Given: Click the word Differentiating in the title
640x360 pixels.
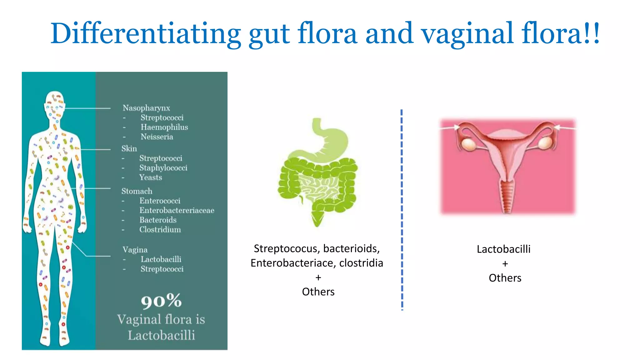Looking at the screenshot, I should click(x=146, y=34).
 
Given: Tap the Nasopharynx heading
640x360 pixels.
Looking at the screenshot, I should click(x=146, y=108).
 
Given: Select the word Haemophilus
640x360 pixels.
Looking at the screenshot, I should click(x=164, y=127).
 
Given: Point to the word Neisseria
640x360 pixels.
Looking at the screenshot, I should click(x=157, y=137).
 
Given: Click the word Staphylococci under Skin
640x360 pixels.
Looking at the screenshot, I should click(x=163, y=168).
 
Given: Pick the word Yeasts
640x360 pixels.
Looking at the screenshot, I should click(x=151, y=177).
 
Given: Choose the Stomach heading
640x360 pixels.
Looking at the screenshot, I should click(x=137, y=191).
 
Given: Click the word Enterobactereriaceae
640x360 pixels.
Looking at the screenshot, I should click(x=177, y=210).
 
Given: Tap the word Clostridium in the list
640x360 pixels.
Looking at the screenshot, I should click(x=160, y=230).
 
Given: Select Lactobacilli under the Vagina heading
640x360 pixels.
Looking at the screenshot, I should click(x=161, y=259).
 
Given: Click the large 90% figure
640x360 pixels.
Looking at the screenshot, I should click(x=161, y=301).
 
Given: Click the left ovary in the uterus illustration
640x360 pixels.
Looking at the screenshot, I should click(x=468, y=144).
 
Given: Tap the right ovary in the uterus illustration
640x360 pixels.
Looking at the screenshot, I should click(x=545, y=143).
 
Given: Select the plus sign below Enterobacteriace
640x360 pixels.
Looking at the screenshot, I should click(x=318, y=277).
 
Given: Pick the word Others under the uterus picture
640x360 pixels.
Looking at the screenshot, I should click(x=505, y=278).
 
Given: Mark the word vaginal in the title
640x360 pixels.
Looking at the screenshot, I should click(x=467, y=34).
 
